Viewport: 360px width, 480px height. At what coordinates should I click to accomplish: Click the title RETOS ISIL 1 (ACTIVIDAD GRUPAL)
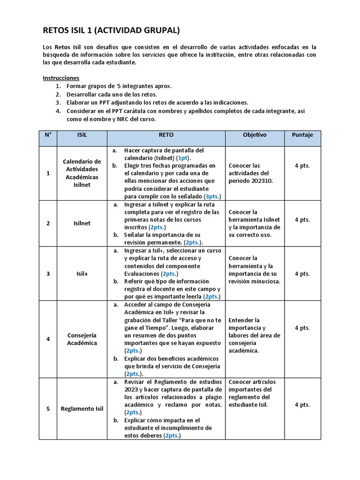[x=111, y=31]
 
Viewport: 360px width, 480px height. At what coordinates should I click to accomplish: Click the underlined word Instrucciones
[x=61, y=78]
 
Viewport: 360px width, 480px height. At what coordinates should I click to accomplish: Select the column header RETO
[x=166, y=135]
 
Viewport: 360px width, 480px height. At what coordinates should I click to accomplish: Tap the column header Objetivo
[x=255, y=135]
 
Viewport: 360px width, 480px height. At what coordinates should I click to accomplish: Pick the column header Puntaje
[x=302, y=135]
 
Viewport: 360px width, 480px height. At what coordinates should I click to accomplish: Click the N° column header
[x=48, y=135]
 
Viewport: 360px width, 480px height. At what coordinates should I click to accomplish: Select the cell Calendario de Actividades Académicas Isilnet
[x=82, y=173]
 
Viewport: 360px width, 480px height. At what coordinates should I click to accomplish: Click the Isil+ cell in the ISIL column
[x=82, y=274]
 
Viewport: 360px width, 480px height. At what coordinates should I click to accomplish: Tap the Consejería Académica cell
[x=82, y=339]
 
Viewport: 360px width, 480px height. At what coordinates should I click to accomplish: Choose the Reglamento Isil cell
[x=82, y=408]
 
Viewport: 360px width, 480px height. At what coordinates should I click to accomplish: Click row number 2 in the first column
[x=48, y=223]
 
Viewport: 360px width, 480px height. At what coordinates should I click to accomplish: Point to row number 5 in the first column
[x=48, y=408]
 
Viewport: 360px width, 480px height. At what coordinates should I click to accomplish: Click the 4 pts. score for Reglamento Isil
[x=302, y=405]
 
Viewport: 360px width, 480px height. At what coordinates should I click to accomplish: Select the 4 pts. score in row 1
[x=302, y=165]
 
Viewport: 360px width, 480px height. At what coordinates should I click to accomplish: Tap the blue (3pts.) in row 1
[x=212, y=196]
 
